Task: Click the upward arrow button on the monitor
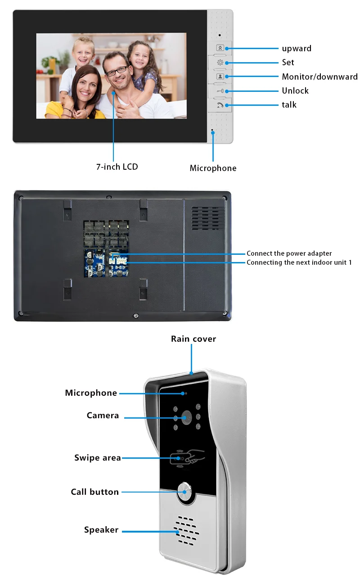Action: coord(220,48)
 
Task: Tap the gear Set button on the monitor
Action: coord(220,63)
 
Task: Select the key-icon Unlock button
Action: coord(220,91)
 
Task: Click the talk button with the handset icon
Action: coord(220,105)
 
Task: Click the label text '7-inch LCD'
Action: coord(117,167)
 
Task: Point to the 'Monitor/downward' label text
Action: coord(319,77)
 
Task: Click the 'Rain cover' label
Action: coord(193,339)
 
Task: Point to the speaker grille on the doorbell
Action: coord(186,530)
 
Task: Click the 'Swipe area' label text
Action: coord(98,458)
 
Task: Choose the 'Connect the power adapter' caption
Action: coord(289,254)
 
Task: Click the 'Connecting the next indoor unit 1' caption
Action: coord(299,262)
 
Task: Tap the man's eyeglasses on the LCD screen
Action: coord(116,71)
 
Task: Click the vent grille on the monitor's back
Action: coord(207,218)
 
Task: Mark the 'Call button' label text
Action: coord(95,492)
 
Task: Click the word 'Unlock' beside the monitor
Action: coord(295,90)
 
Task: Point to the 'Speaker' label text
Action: coord(101,530)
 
